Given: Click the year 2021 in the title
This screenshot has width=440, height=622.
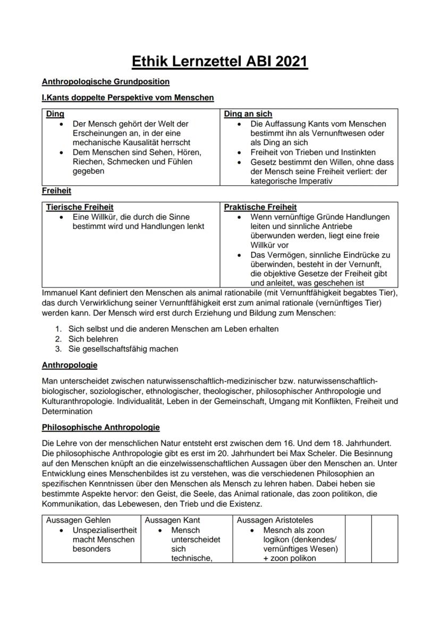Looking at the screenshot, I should (x=287, y=62).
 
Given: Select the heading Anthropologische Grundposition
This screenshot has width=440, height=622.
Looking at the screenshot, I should (x=105, y=82).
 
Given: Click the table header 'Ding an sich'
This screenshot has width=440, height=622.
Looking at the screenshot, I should (x=248, y=114).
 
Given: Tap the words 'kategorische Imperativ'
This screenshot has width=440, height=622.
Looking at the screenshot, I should (x=291, y=181).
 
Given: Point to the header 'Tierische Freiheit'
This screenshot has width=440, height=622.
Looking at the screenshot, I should (x=80, y=207).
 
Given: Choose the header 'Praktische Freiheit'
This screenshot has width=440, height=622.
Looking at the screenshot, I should (x=260, y=207).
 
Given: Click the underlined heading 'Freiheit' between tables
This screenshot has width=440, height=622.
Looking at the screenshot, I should (x=56, y=190).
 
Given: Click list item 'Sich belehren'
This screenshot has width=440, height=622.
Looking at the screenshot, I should (x=93, y=339).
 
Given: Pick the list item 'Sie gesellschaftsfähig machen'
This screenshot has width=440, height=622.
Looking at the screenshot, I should (x=123, y=349).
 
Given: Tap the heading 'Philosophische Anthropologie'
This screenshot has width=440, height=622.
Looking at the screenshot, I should (x=100, y=427).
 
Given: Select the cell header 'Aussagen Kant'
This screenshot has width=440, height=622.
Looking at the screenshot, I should (x=172, y=521).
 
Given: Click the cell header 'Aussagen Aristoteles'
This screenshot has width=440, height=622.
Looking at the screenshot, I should (x=275, y=521).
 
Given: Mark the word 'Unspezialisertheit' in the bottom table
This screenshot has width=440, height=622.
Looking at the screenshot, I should (x=105, y=530).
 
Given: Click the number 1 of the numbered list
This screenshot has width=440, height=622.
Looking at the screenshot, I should (x=57, y=329).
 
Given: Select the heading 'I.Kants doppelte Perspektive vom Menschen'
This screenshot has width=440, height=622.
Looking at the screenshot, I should (x=128, y=98).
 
